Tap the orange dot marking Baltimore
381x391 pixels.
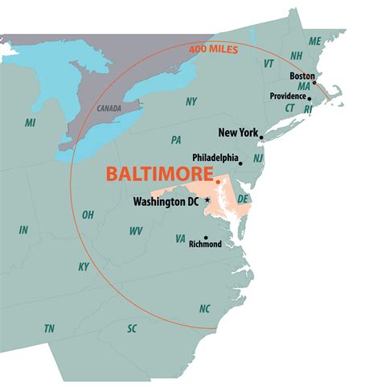click(x=218, y=182)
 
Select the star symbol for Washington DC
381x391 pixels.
click(x=207, y=200)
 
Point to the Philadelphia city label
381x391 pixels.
click(x=215, y=158)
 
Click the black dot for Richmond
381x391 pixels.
click(x=206, y=237)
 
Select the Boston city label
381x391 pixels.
click(x=301, y=76)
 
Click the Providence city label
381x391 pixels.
click(x=287, y=97)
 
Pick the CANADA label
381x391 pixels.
click(x=109, y=108)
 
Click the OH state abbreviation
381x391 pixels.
click(x=88, y=215)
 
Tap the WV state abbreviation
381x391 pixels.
click(x=136, y=231)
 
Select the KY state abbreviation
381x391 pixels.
click(x=84, y=266)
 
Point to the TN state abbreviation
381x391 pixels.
click(x=50, y=328)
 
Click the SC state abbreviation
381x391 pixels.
click(x=132, y=328)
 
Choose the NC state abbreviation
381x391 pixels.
click(x=204, y=309)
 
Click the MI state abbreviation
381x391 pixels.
click(x=31, y=122)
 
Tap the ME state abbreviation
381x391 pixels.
click(x=314, y=41)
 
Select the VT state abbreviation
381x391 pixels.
click(x=268, y=63)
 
